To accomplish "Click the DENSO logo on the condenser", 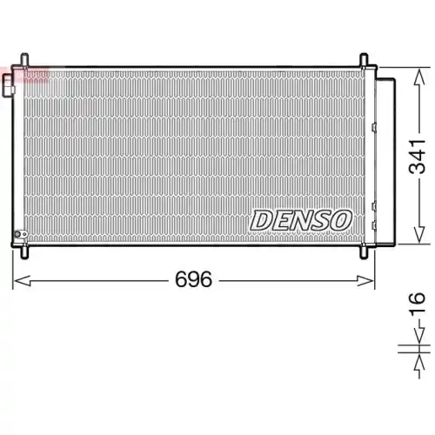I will [x=301, y=220].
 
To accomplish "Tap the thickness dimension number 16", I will [x=418, y=305].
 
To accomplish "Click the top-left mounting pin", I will [x=24, y=62].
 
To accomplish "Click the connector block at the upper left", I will [x=8, y=85].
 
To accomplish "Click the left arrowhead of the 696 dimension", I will [x=19, y=280].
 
